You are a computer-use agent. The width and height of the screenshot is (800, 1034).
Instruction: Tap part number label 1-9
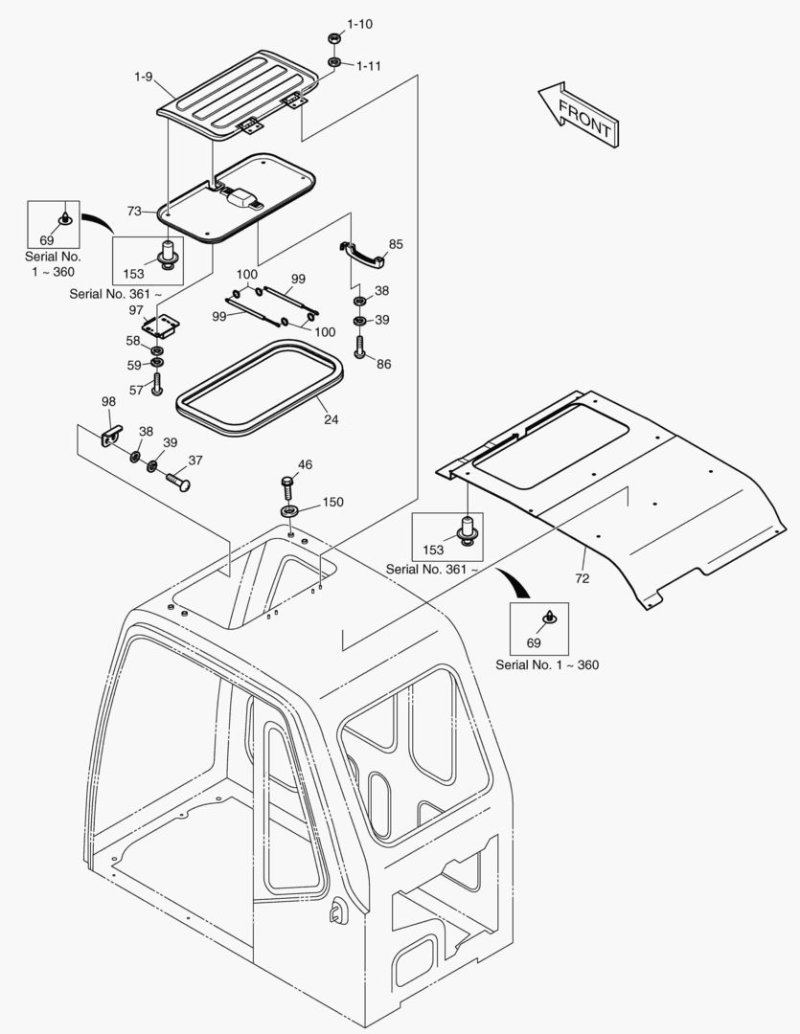[x=143, y=77]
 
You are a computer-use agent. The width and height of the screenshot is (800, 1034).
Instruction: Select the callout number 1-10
[x=359, y=23]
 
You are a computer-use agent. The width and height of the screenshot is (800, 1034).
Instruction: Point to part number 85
[x=396, y=244]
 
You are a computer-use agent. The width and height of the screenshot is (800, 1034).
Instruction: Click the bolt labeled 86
[x=359, y=346]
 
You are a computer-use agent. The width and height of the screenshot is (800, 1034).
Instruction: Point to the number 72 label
[x=583, y=578]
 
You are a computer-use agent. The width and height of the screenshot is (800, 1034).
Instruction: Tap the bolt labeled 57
[x=157, y=387]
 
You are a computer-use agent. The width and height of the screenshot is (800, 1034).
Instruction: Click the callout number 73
[x=134, y=211]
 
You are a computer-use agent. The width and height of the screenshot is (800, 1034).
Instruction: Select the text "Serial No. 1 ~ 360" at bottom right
[x=547, y=664]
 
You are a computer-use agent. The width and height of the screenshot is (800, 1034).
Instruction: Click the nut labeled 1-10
[x=333, y=39]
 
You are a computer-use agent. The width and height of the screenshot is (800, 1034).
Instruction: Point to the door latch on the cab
[x=337, y=910]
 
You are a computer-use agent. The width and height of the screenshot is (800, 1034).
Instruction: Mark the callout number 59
[x=133, y=365]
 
